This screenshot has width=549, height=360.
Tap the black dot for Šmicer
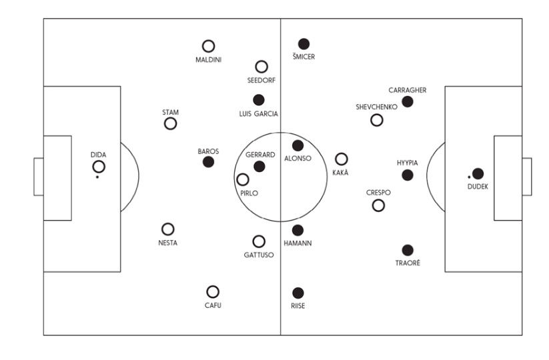[x=304, y=44]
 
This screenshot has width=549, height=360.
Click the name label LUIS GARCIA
[x=258, y=114]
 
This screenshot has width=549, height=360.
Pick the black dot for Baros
[x=208, y=162]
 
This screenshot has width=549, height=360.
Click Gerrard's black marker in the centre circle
[x=259, y=167]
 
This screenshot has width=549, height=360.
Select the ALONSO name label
[x=298, y=159]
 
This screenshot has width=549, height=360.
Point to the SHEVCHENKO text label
[x=376, y=107]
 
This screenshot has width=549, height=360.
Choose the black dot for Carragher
[x=407, y=102]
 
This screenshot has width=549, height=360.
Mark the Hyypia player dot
[x=407, y=175]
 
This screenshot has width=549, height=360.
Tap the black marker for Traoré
[x=408, y=250]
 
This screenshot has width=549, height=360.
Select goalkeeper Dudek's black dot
[x=478, y=173]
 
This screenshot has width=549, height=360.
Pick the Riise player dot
[x=298, y=293]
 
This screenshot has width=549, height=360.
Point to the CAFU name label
[x=213, y=305]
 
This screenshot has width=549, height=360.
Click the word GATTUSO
[x=259, y=255]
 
